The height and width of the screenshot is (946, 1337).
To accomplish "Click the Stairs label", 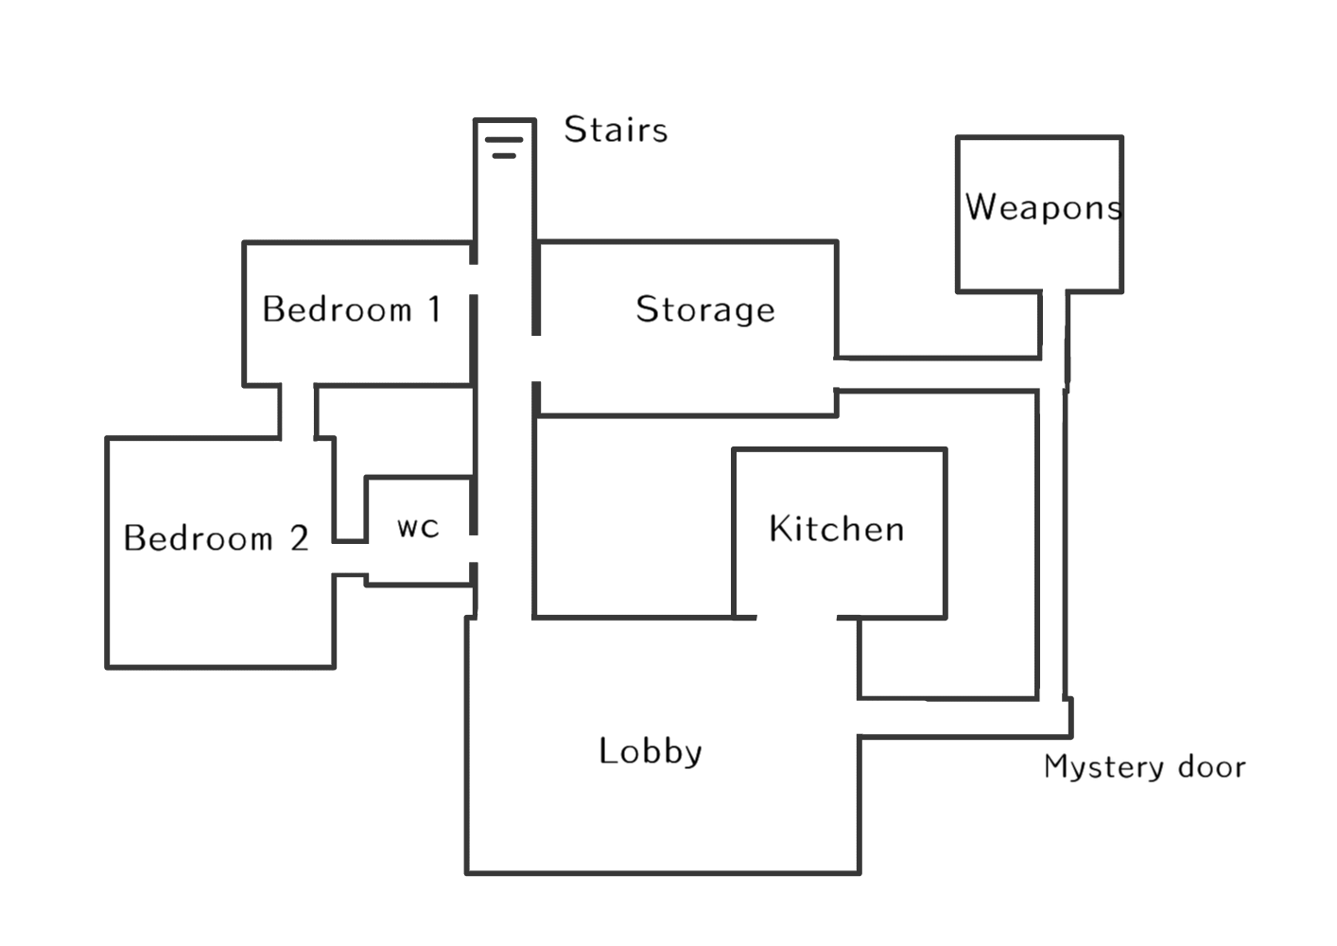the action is click(x=616, y=130).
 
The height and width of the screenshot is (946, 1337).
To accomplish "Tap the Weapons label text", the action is click(x=1043, y=207).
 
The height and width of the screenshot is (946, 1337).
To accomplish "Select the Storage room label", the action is click(x=705, y=309).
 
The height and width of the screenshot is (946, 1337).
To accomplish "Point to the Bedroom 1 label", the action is click(x=352, y=309).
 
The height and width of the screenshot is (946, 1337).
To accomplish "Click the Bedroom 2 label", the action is click(x=217, y=537).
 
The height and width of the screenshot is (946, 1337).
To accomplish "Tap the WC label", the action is click(x=418, y=527).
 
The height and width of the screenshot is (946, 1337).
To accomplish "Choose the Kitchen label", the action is click(x=836, y=529).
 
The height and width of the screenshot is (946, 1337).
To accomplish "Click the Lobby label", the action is click(x=651, y=751).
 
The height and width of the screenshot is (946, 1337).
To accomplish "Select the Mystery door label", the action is click(x=1145, y=767).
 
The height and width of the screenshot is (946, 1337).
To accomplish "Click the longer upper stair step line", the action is click(x=504, y=140).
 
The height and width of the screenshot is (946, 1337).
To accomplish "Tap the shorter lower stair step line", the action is click(x=504, y=156).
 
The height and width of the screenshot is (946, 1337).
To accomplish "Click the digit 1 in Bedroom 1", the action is click(x=435, y=308).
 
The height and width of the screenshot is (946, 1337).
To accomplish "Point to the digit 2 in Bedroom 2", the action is click(x=300, y=537).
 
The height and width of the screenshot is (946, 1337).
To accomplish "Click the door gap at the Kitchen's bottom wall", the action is click(x=797, y=618).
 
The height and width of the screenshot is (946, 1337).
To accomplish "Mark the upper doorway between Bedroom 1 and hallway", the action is click(x=474, y=279).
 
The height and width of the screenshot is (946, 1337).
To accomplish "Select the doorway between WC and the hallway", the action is click(x=474, y=549).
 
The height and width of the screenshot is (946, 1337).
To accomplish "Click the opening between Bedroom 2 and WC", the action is click(x=351, y=558).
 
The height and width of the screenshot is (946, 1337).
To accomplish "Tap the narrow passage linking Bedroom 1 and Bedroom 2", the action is click(x=297, y=412).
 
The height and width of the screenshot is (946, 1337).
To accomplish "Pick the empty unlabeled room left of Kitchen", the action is click(x=634, y=517).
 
